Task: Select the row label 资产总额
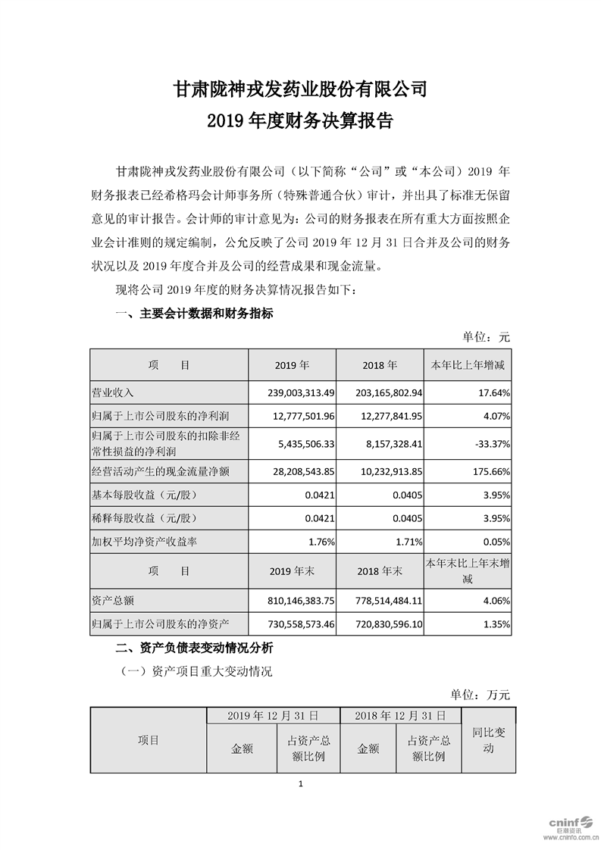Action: pyautogui.click(x=112, y=600)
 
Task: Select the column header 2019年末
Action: pyautogui.click(x=293, y=571)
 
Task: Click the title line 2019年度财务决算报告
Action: pyautogui.click(x=300, y=121)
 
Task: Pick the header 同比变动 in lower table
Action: pyautogui.click(x=489, y=740)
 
